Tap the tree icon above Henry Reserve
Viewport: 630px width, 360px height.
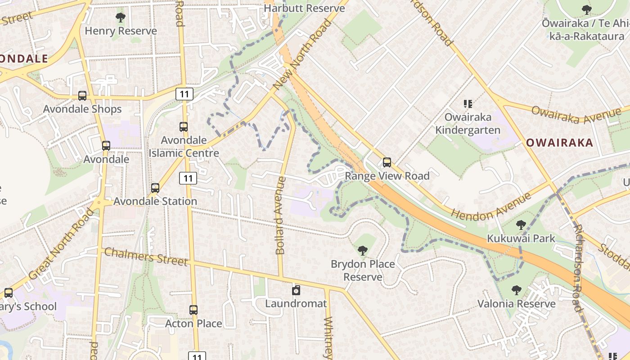tap(120, 18)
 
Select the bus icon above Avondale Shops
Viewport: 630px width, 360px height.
tap(82, 95)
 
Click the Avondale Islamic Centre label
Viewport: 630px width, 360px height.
tap(184, 147)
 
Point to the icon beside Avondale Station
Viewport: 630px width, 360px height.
tap(155, 188)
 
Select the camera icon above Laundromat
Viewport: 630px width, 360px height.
tap(296, 290)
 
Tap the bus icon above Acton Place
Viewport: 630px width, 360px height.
tap(193, 310)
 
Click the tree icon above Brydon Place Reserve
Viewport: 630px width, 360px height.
tap(362, 251)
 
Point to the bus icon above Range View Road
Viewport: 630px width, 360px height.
tap(387, 162)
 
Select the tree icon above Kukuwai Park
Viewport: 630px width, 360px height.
tap(521, 225)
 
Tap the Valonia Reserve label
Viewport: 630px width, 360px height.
tap(516, 304)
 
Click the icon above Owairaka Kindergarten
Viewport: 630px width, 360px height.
tap(468, 104)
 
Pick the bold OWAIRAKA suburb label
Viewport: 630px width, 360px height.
tap(559, 143)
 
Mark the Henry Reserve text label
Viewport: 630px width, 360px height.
tap(121, 31)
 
